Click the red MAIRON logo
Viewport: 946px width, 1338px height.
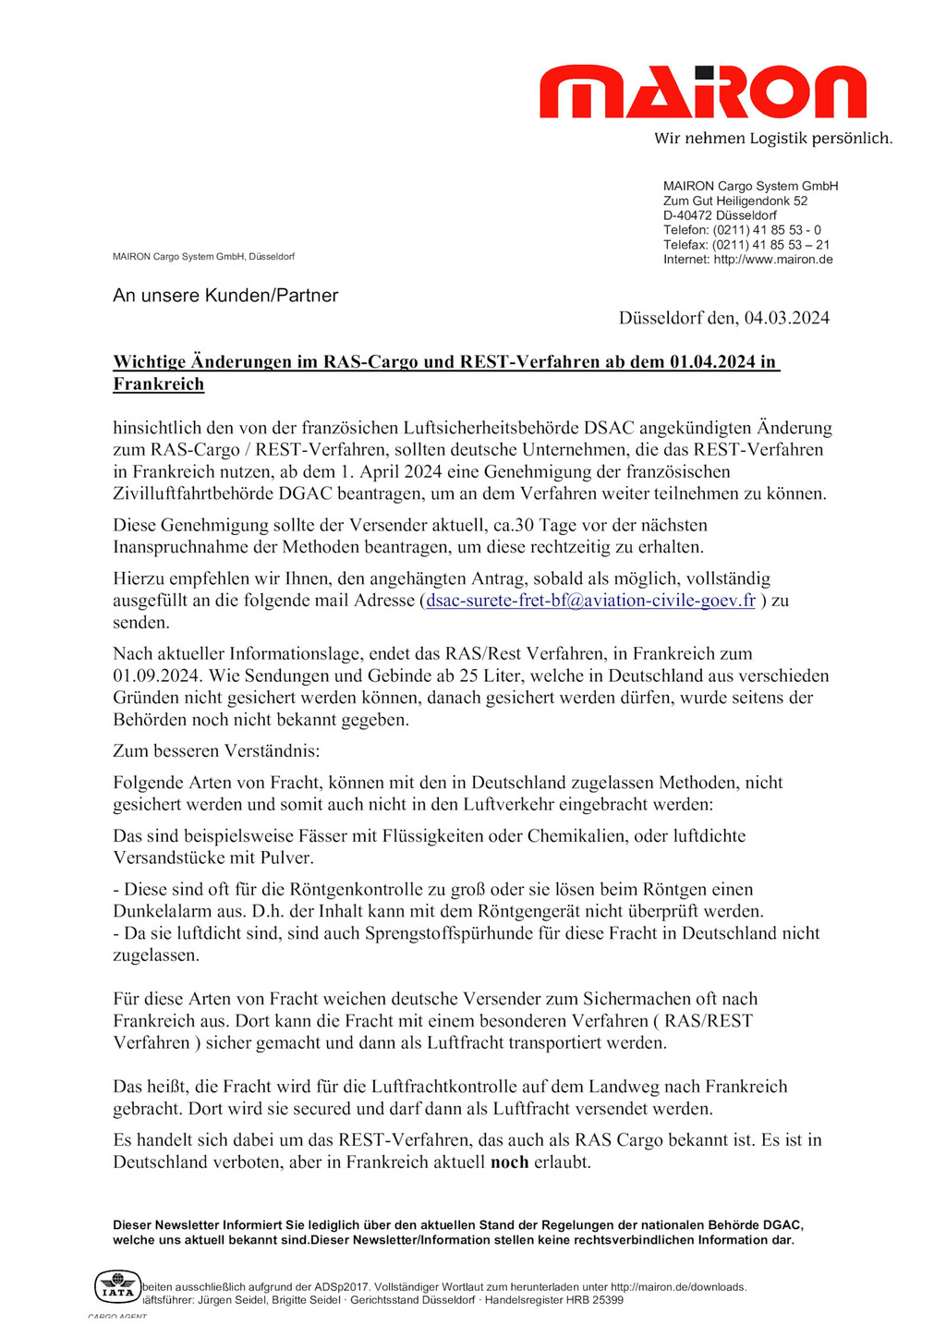pos(702,92)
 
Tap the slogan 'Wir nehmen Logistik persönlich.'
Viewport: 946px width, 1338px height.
pos(773,139)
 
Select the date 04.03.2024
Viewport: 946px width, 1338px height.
pos(786,318)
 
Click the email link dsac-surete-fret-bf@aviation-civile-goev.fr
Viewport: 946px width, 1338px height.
pos(590,601)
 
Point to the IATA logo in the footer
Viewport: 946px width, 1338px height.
pos(117,1287)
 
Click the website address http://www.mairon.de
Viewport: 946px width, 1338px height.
pos(773,260)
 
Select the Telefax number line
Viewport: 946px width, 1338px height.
pos(746,245)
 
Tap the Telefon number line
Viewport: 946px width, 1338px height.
pos(742,230)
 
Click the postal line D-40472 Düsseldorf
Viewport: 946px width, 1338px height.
pos(720,215)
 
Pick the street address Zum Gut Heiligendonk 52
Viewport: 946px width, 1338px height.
pos(735,201)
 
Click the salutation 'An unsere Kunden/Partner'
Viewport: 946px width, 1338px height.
pos(225,296)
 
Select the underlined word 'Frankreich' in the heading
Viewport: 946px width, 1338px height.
pos(158,384)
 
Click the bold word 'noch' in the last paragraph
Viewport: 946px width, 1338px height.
pos(509,1162)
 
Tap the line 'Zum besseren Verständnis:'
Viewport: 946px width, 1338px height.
pos(216,751)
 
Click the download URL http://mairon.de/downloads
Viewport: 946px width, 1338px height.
pos(678,1286)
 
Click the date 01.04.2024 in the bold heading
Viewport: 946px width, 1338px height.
pos(711,362)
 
